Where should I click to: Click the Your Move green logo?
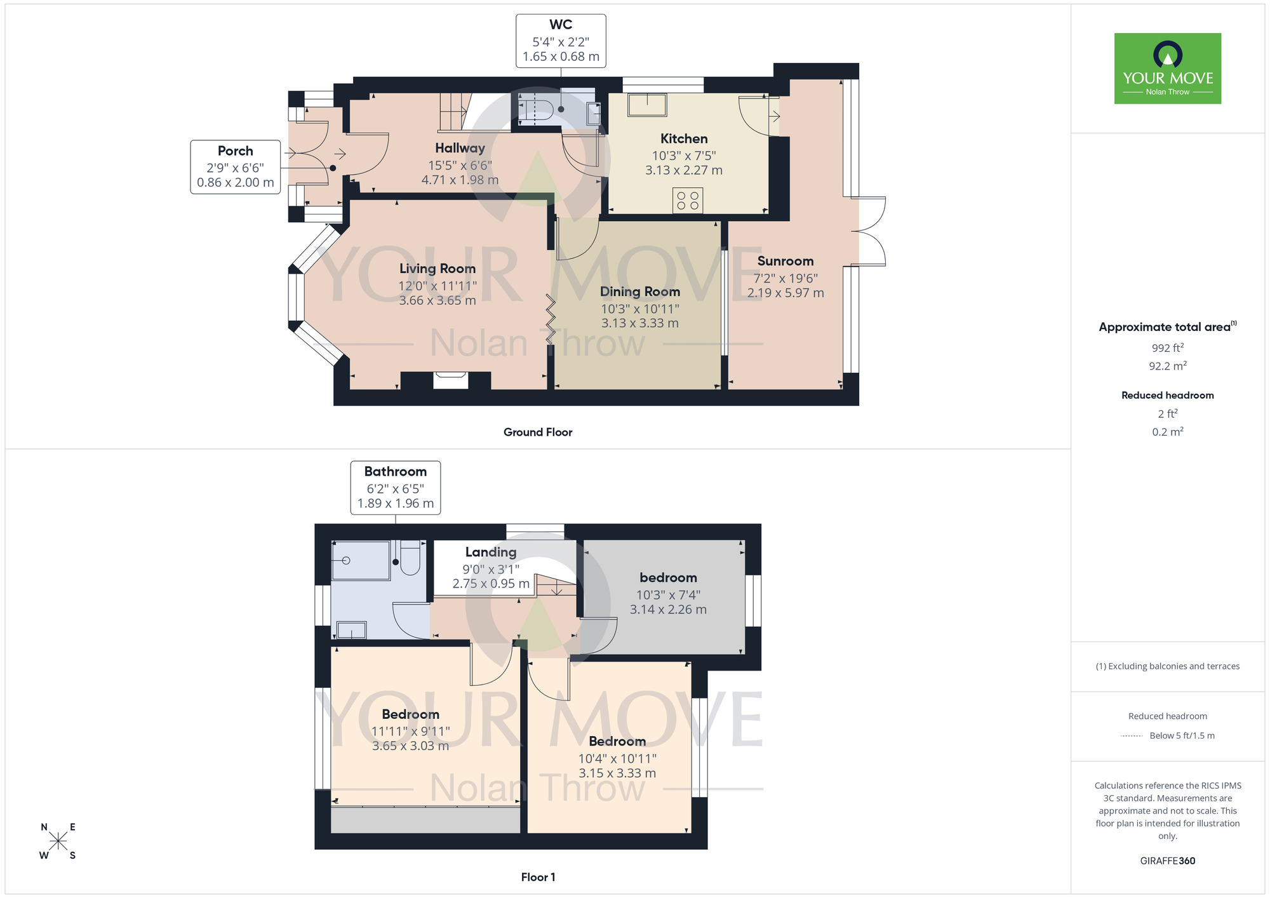[1167, 69]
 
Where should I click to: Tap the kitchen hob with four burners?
[688, 201]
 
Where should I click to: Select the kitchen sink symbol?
[647, 105]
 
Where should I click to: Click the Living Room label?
[438, 269]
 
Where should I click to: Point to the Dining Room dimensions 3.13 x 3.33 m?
[640, 323]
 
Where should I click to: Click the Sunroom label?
[785, 261]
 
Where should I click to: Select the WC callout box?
[561, 41]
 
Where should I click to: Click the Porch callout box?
[236, 167]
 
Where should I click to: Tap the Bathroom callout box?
[396, 488]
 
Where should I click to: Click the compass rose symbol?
[58, 841]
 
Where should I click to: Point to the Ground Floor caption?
[538, 432]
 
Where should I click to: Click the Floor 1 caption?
[538, 877]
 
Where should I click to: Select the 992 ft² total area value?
[1167, 348]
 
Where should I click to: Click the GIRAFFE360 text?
[1167, 861]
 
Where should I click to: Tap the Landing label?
[491, 553]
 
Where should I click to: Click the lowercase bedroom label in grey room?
[668, 578]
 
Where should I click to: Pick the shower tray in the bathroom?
[361, 560]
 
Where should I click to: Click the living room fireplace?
[450, 380]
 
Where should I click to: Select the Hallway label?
[460, 148]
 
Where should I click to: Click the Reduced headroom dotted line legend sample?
[1132, 736]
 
